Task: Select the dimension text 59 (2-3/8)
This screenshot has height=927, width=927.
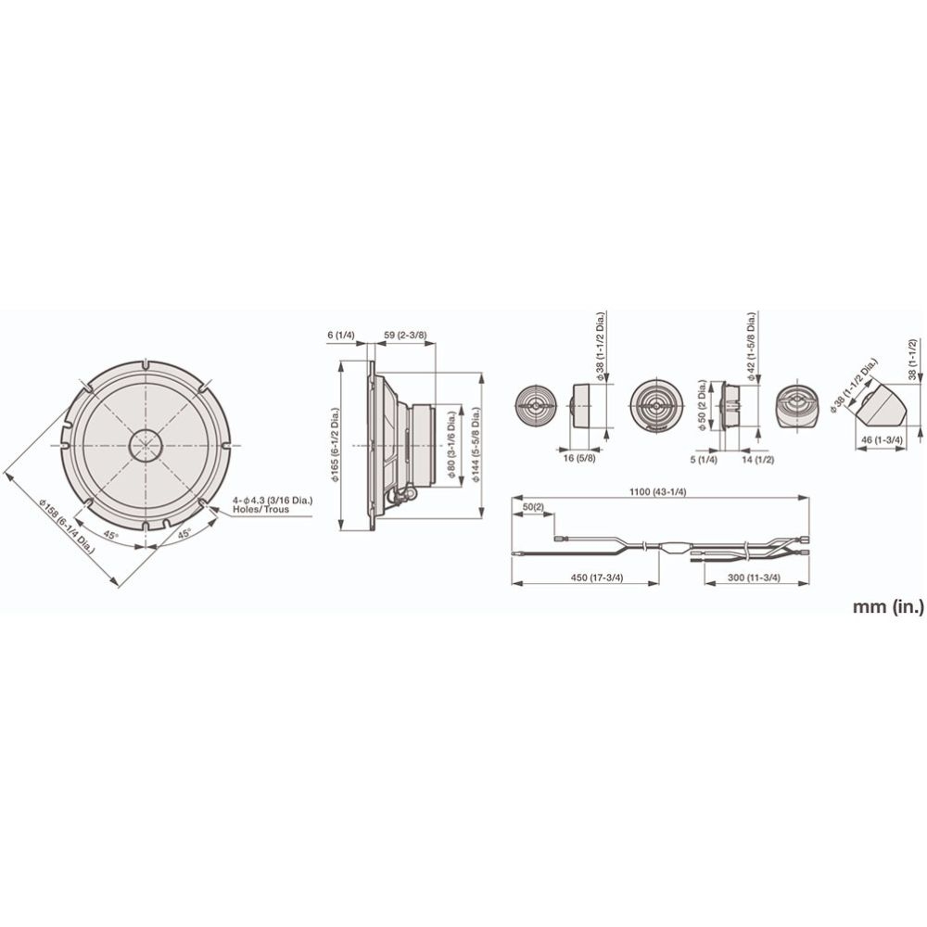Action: point(406,336)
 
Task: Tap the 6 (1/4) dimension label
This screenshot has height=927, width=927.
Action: point(340,336)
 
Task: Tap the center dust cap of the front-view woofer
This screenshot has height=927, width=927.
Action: point(146,445)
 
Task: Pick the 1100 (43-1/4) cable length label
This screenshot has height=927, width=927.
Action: point(657,492)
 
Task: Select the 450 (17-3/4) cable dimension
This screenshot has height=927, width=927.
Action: point(598,578)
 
